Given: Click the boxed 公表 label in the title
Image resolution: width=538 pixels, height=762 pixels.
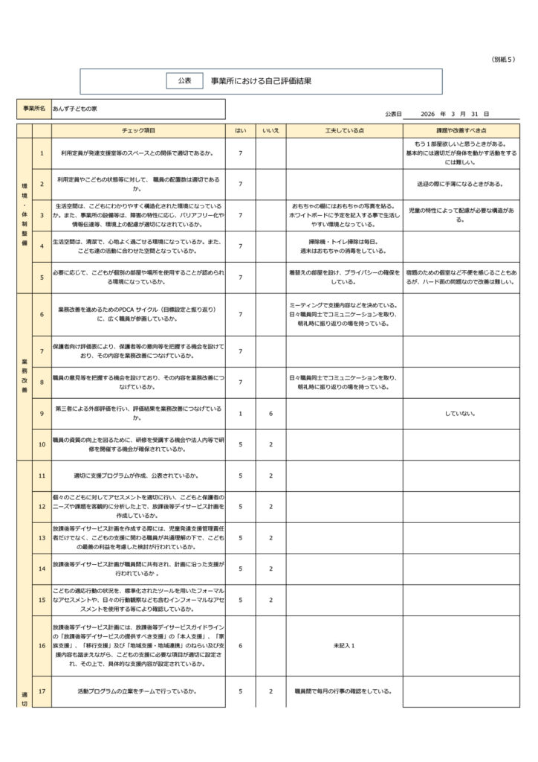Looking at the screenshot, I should click(185, 80).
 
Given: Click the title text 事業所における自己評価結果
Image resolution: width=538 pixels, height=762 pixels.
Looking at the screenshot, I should click(261, 80).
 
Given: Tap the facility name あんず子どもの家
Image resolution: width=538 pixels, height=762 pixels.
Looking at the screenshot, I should click(75, 109).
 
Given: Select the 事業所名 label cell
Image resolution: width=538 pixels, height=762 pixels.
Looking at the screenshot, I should click(34, 109).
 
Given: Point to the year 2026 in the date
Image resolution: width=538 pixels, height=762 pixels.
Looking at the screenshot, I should click(427, 114).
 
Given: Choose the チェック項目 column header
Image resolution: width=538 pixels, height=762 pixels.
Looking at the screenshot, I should click(138, 130).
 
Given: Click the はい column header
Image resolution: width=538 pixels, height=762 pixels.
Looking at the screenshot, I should click(240, 130).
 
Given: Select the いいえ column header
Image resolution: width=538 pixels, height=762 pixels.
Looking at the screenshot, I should click(270, 130).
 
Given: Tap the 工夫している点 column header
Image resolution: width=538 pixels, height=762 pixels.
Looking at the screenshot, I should click(344, 130).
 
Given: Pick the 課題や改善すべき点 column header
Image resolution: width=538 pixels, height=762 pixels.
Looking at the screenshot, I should click(461, 130).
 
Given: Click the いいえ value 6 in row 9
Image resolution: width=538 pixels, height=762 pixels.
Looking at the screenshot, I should click(270, 413).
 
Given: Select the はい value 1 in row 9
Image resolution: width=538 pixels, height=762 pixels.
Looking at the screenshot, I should click(240, 413).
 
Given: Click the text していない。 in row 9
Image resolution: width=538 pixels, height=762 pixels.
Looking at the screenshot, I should click(461, 413).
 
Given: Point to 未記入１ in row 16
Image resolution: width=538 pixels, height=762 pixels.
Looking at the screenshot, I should click(344, 645).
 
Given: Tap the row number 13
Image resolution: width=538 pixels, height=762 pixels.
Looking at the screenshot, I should click(42, 537).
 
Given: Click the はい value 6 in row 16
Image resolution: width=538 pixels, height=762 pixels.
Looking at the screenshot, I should click(240, 645).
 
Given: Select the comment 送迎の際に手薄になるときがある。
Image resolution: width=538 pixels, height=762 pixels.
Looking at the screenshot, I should click(461, 184).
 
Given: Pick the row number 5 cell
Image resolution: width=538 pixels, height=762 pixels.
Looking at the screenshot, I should click(42, 278).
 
